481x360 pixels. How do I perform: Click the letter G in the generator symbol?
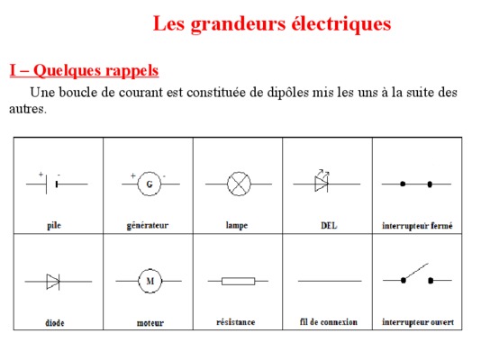pos(150,184)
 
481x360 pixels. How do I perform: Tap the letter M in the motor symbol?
pos(150,281)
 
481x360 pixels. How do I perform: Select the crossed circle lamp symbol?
pos(239,184)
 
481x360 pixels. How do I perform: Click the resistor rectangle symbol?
pos(239,281)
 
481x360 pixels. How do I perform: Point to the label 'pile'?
pos(54,226)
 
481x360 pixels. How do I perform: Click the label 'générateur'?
pos(148,226)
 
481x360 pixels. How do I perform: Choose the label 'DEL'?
pos(329,226)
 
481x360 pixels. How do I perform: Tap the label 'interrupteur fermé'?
pos(417,226)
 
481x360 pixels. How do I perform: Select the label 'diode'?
pos(55,322)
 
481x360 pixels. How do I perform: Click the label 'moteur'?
pos(150,323)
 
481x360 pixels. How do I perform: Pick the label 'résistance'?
pos(236,322)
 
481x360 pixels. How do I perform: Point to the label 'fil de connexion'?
pos(329,322)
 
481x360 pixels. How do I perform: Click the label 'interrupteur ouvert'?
pos(418,322)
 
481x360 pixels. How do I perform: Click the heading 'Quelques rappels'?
pos(95,70)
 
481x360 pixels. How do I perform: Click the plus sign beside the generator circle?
pos(132,175)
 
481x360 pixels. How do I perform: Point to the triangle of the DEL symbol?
pos(321,184)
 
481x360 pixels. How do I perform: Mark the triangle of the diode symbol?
pos(53,282)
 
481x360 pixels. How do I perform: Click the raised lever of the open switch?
pos(416,271)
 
